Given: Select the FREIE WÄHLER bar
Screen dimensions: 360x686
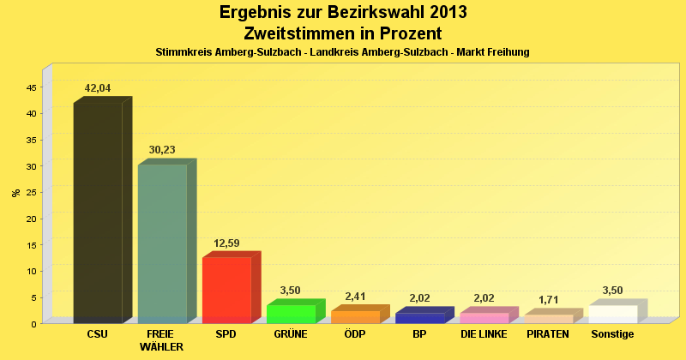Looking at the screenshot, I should click(x=162, y=243).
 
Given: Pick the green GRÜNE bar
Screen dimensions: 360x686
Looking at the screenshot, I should click(x=291, y=314).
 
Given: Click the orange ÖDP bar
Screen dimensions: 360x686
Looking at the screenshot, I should click(x=355, y=316).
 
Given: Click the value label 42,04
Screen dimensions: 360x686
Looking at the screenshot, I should click(x=97, y=88).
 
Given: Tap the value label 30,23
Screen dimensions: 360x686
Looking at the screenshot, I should click(x=162, y=150).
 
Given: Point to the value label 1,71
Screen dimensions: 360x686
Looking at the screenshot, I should click(x=548, y=300).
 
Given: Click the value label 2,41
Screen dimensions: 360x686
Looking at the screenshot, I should click(x=355, y=297).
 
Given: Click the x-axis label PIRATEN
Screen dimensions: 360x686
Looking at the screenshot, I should click(x=548, y=334).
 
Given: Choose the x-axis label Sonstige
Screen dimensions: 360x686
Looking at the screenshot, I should click(x=612, y=334).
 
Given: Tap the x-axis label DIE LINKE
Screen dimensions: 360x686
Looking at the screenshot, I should click(x=484, y=334).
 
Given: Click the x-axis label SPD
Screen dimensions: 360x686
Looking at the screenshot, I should click(x=226, y=334).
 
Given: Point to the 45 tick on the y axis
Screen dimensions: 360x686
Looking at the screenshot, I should click(x=31, y=87).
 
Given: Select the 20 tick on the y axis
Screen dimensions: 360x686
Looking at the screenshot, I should click(x=31, y=219).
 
